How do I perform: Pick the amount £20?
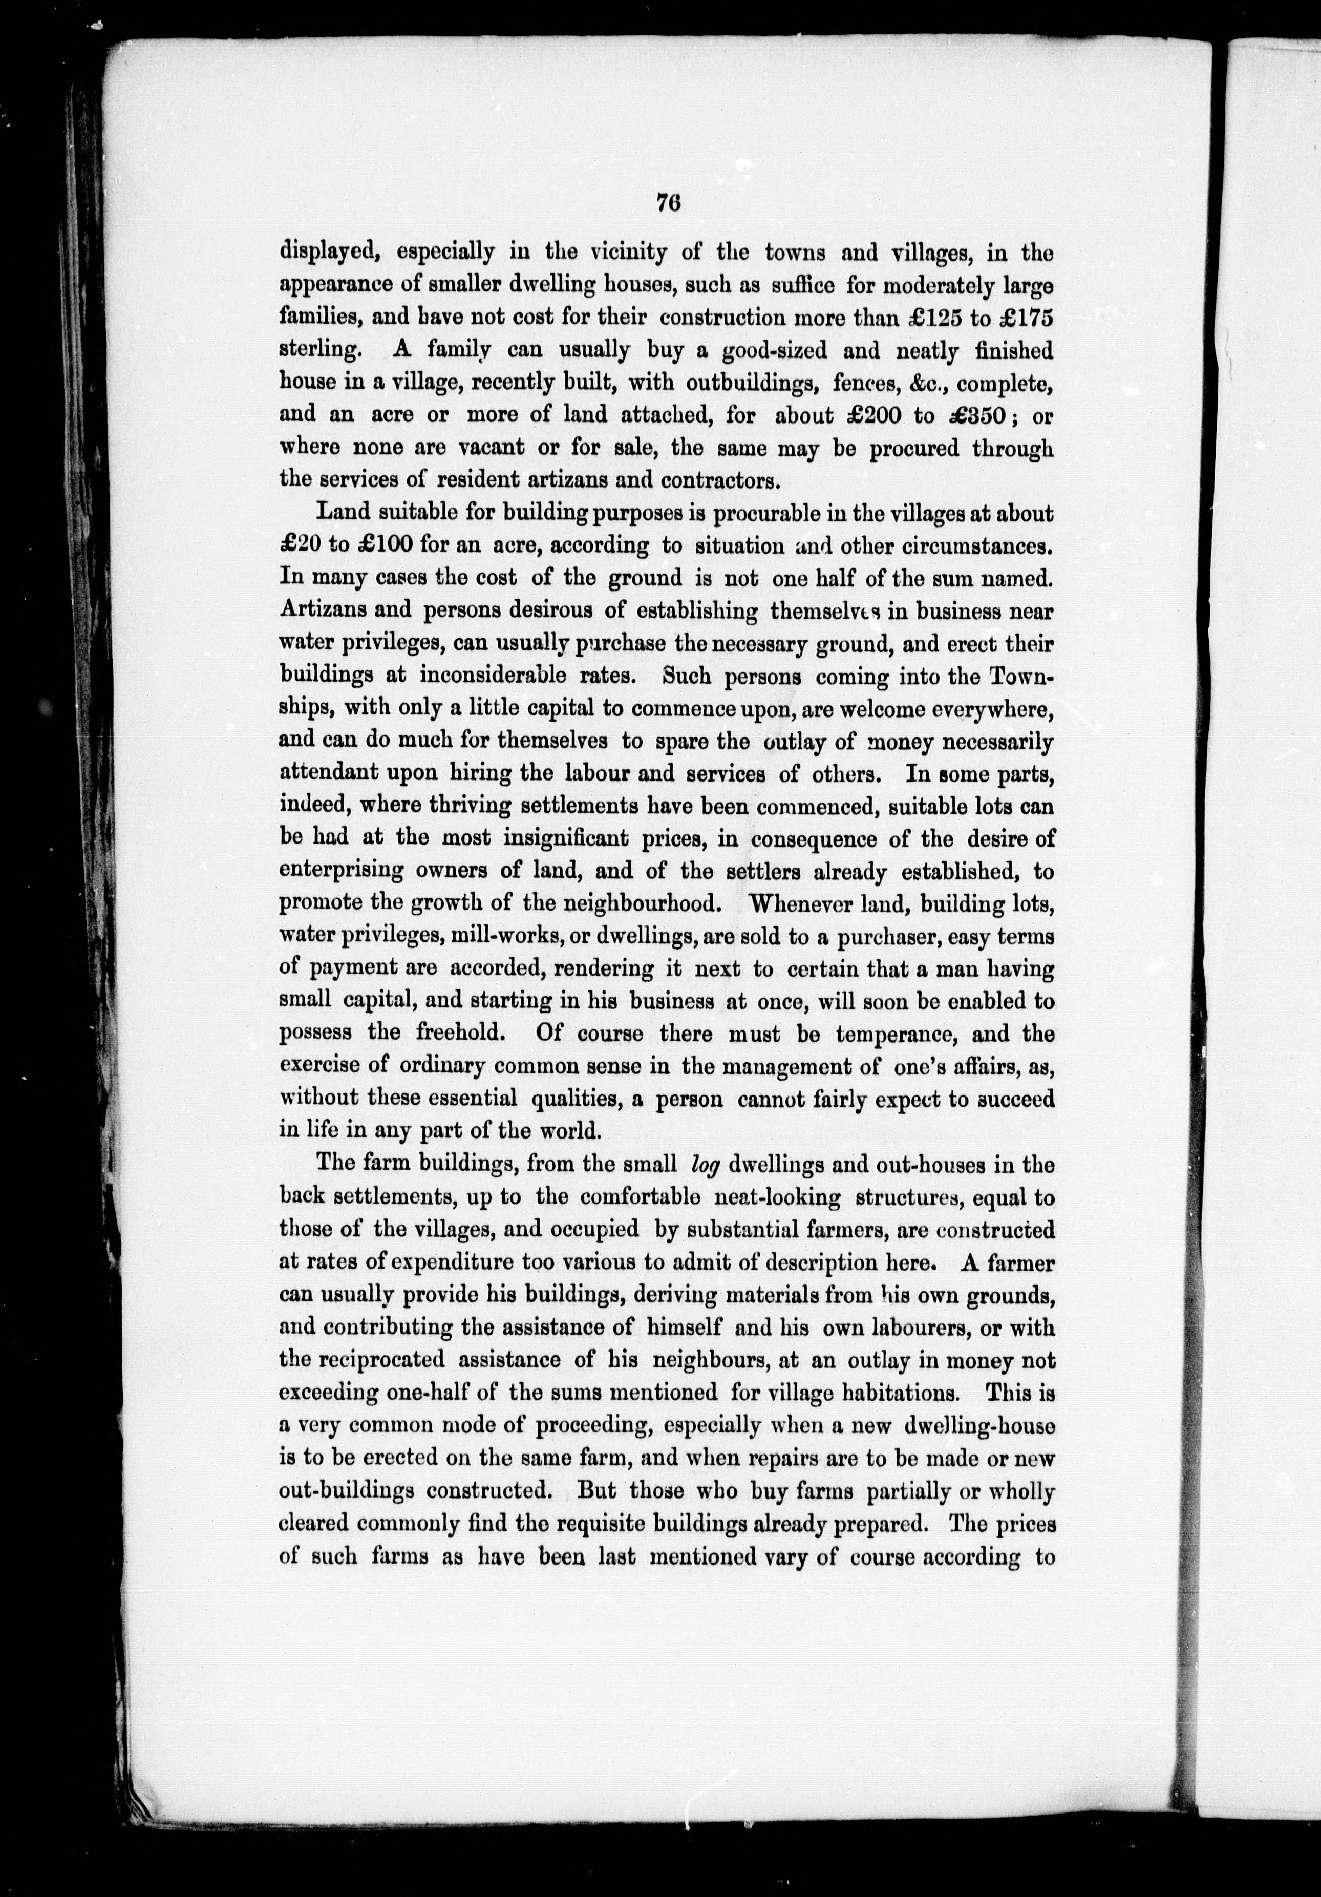coord(300,546)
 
